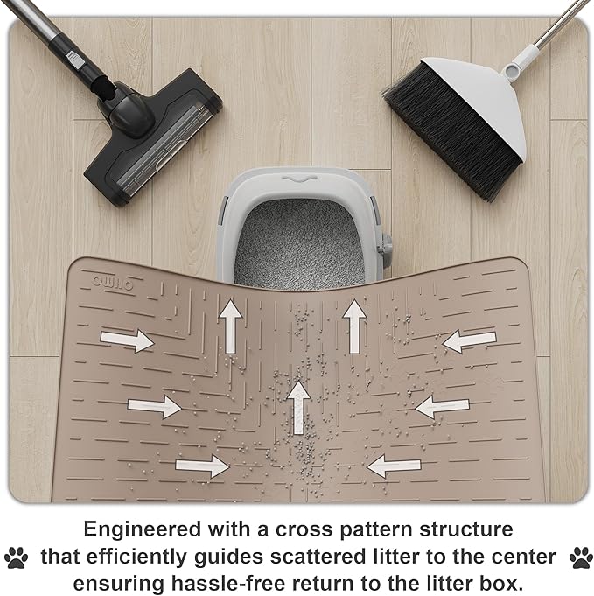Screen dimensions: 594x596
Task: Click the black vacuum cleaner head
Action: click(x=152, y=137)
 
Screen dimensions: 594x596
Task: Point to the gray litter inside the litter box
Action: click(x=300, y=243)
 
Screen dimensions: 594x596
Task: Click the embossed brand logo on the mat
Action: click(x=113, y=284)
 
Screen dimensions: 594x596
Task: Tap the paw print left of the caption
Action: click(x=16, y=557)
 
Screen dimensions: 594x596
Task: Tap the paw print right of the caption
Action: click(x=581, y=557)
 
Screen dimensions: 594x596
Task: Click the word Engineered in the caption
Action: click(x=143, y=530)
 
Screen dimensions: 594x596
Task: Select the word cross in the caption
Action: click(x=304, y=530)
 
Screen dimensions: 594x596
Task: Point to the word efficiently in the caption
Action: click(x=136, y=557)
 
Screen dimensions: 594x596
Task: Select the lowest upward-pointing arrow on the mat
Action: click(x=299, y=408)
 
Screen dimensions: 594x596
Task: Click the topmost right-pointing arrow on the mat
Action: click(x=127, y=340)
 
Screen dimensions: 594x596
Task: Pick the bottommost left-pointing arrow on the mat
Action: click(x=394, y=466)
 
